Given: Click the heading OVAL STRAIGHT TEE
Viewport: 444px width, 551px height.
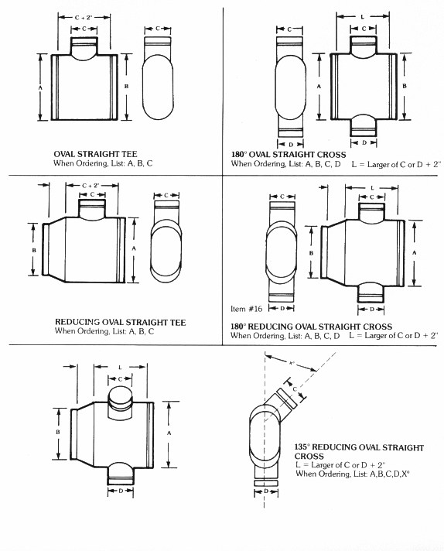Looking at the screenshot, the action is coord(95,154).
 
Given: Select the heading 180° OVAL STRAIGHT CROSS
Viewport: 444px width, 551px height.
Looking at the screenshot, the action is coord(289,154).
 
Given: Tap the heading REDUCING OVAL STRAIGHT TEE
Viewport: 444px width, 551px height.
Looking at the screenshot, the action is coord(120,322).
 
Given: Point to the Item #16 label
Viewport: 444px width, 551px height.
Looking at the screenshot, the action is coord(246,309).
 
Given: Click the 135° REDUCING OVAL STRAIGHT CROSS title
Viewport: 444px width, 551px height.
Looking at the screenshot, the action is coord(359,451).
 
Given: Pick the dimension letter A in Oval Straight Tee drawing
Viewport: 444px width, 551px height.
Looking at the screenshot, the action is coord(40,87).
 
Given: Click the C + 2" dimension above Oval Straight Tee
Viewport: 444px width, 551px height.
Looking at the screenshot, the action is coord(84,17).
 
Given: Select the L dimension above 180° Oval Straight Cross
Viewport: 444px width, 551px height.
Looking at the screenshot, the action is coord(363,16).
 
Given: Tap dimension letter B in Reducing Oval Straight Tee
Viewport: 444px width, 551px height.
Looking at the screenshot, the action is coord(34,250).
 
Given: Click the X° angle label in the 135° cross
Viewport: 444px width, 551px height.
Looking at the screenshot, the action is coord(291,363).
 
